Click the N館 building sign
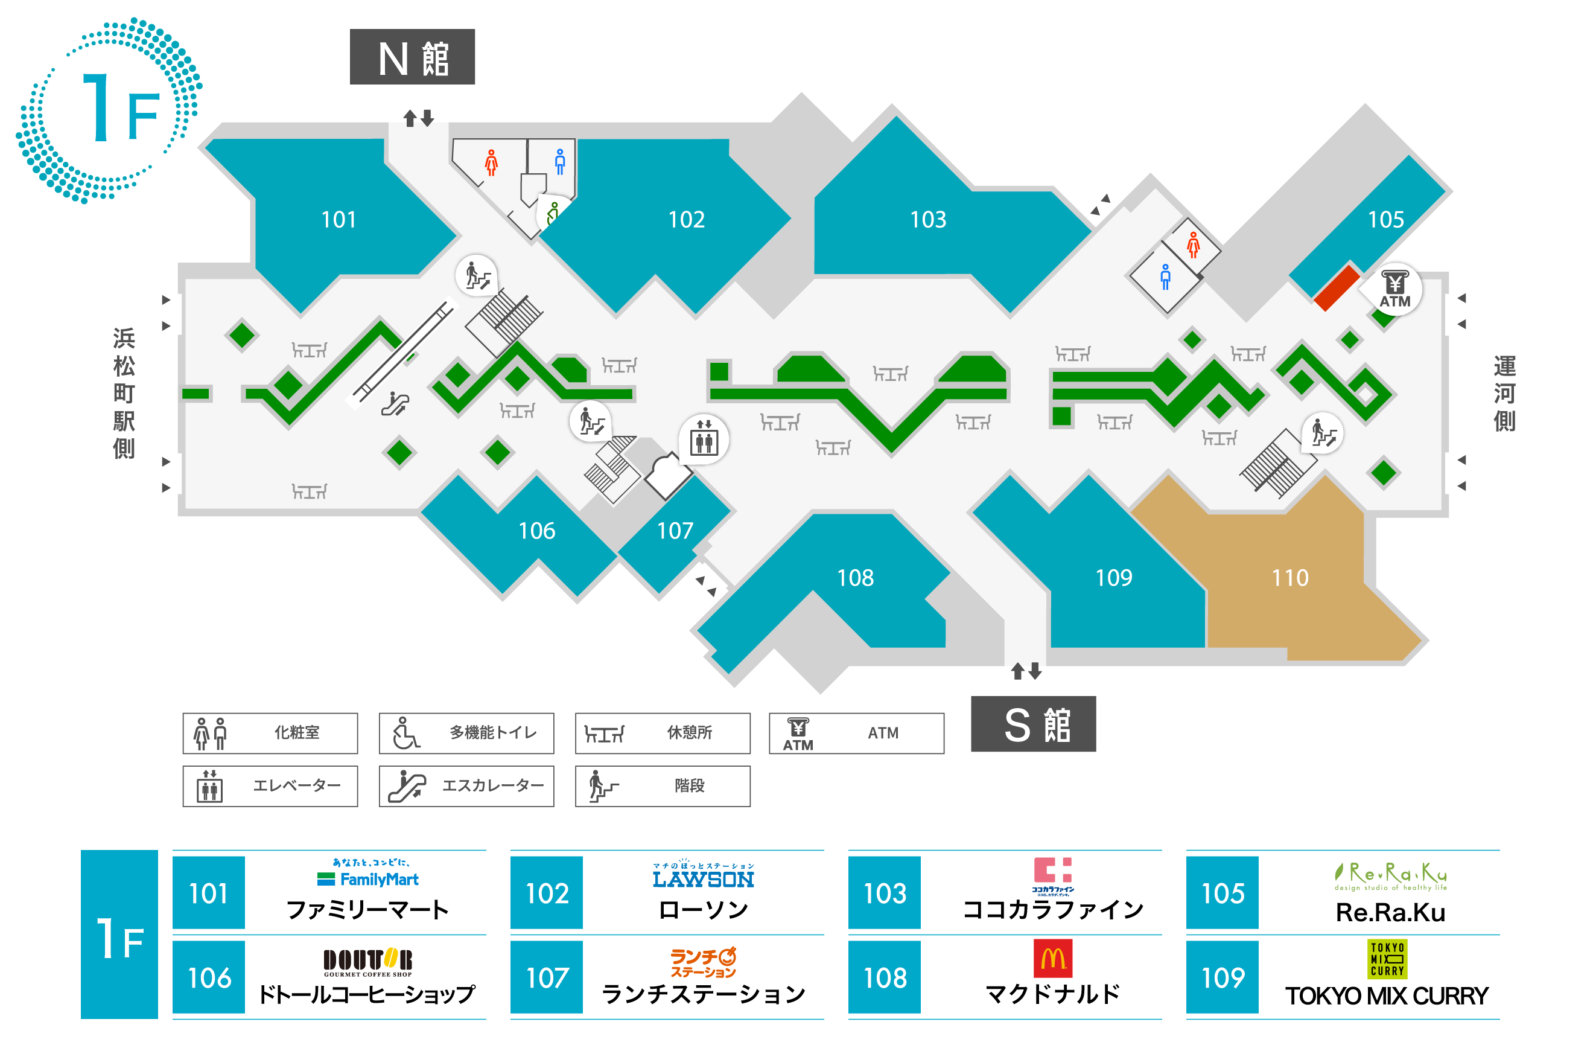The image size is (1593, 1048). point(412,57)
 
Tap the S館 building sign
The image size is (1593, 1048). point(1033,724)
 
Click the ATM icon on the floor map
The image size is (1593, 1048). point(1395,289)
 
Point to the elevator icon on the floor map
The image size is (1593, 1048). point(704,439)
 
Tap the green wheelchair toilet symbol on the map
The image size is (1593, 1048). point(553,213)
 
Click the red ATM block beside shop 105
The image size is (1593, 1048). point(1336,288)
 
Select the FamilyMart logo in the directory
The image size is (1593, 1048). point(367,874)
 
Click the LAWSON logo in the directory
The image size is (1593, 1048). point(703,876)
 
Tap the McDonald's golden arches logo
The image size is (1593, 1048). point(1052,959)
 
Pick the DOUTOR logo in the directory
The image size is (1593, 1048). point(367,962)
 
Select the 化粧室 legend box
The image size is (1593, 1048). point(270,733)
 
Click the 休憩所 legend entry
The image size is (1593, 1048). point(662,733)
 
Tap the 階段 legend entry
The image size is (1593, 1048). point(662,785)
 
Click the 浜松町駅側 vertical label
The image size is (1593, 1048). point(124,393)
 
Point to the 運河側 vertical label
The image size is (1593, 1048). point(1504,393)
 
